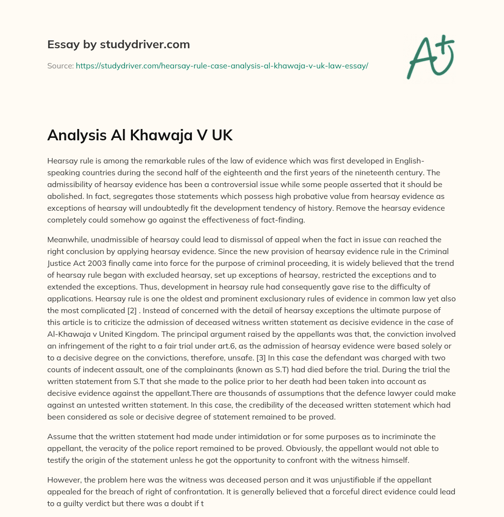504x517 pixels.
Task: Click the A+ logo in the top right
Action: (x=430, y=57)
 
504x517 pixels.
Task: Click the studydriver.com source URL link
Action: (x=222, y=65)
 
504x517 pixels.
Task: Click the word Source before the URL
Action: (x=60, y=65)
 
